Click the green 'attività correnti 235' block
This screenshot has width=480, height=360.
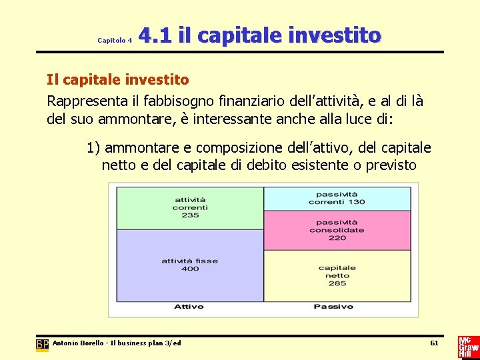(x=190, y=207)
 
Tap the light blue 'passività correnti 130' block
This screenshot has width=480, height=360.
(x=337, y=198)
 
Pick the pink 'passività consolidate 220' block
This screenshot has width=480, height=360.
(x=337, y=230)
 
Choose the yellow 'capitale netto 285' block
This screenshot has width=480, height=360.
(x=337, y=275)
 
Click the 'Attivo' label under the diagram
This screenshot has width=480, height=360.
(x=189, y=307)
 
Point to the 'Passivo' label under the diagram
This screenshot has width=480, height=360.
(x=333, y=307)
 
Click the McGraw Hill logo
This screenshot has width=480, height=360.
(x=467, y=347)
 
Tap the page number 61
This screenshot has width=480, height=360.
(x=434, y=343)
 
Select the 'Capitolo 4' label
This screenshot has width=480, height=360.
(x=115, y=41)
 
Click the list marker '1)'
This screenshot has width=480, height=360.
(x=93, y=147)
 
